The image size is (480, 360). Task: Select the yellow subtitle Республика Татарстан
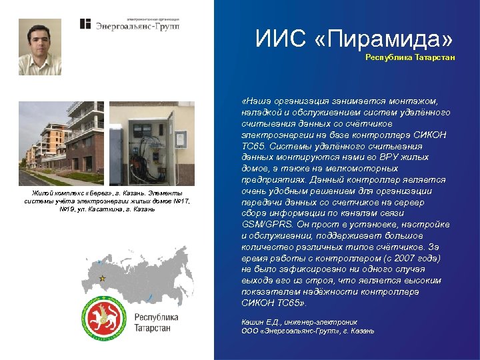pos(410,57)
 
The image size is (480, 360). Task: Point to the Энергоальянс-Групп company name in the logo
pos(138,26)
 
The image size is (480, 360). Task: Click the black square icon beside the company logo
pos(85,24)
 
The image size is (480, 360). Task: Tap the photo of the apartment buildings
pos(61,143)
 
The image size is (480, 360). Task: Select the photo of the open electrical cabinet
pos(152,143)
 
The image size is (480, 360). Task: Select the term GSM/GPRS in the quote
pos(264,225)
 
